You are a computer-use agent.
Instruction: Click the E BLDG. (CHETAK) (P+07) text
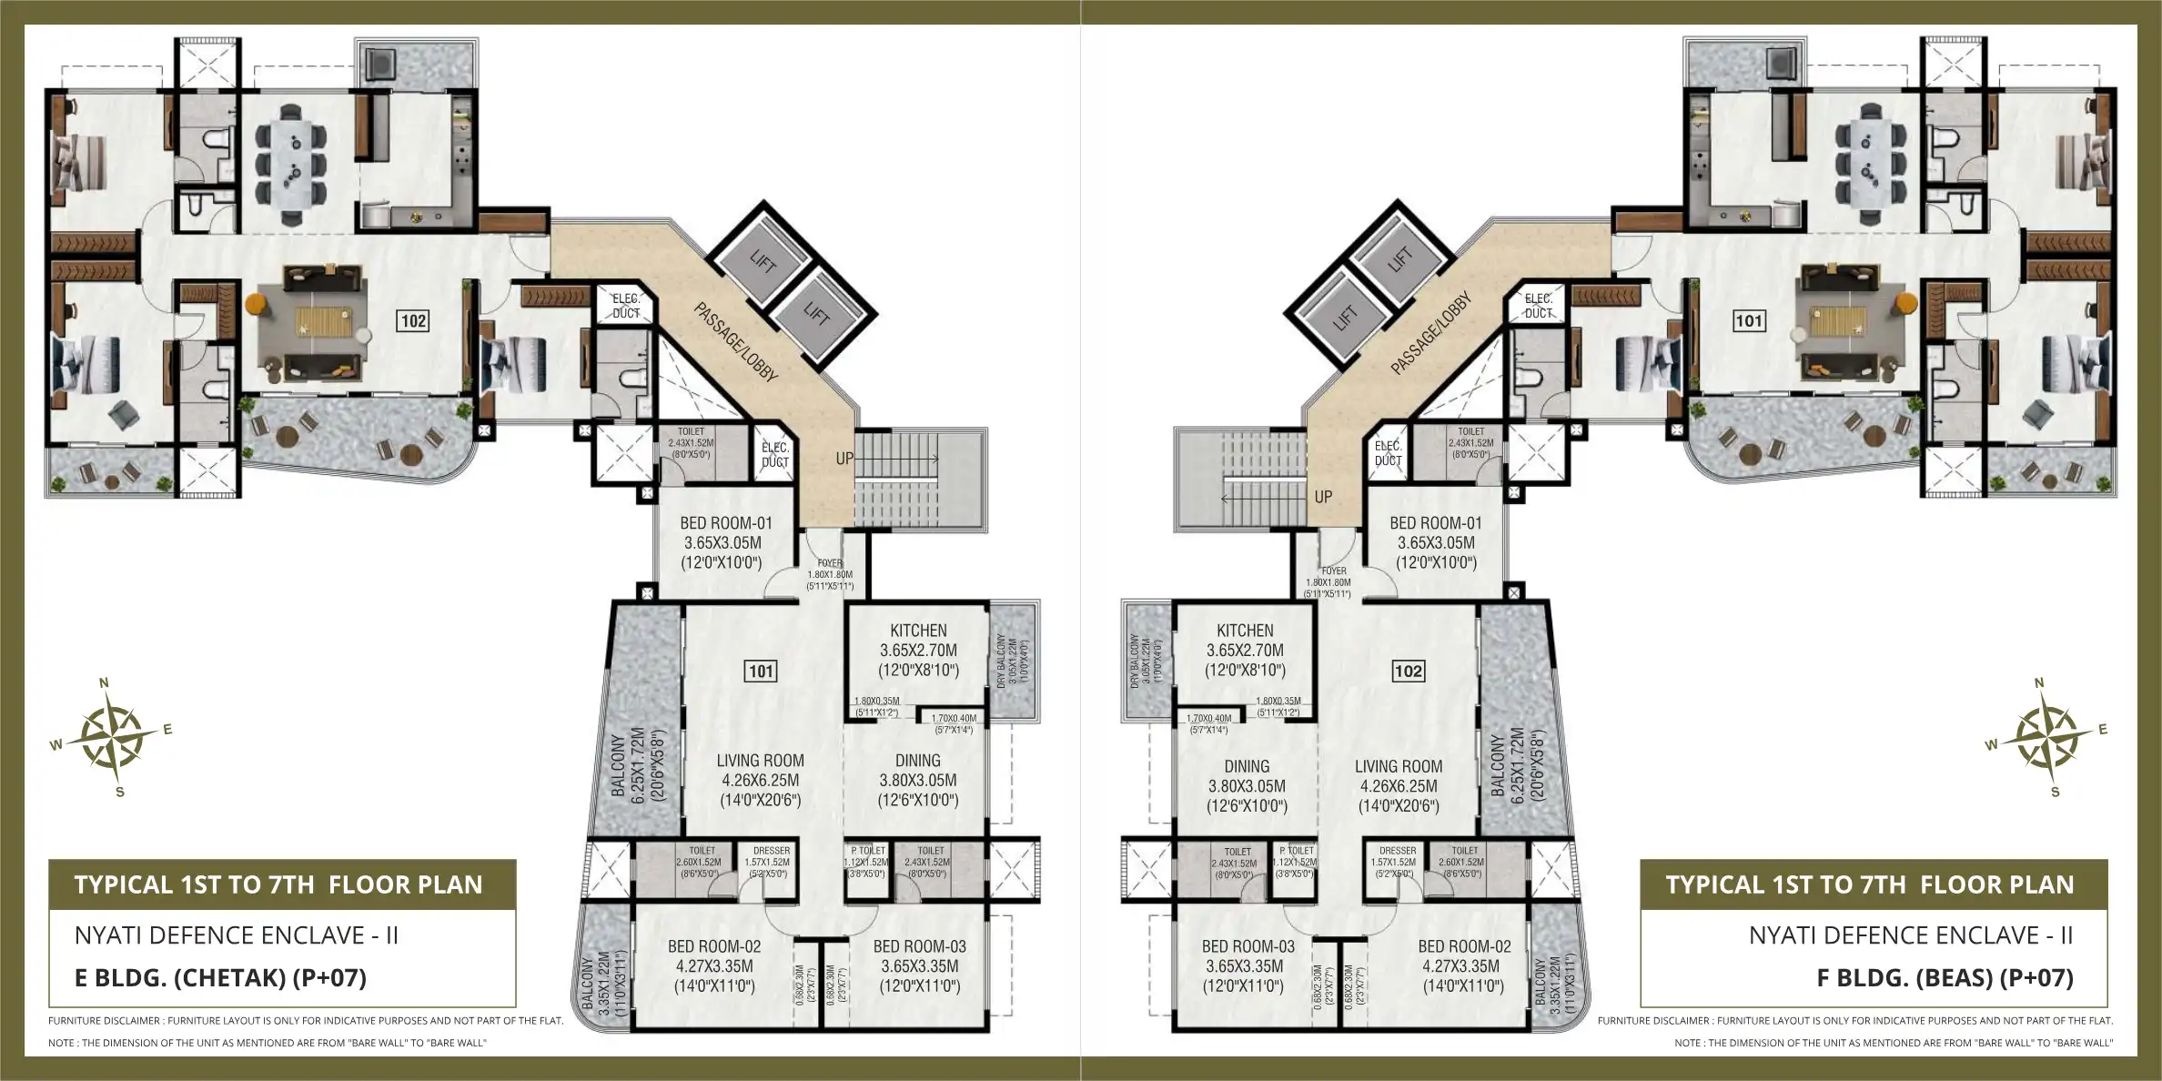pos(220,978)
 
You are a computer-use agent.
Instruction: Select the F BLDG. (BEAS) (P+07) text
pos(1945,978)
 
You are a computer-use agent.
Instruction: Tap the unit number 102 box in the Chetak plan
pos(413,320)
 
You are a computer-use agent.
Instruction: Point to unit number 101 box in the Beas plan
pos(1748,320)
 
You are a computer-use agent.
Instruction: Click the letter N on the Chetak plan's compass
pos(104,683)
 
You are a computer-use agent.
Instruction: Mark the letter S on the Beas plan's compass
pos(2055,793)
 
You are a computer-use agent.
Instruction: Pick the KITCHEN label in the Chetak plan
pos(918,631)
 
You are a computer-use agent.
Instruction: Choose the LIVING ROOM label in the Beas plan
pos(1398,767)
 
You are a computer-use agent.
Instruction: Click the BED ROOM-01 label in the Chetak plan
pos(725,523)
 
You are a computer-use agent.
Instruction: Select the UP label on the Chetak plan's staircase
pos(844,459)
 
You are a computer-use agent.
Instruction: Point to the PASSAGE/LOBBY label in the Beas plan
pos(1430,334)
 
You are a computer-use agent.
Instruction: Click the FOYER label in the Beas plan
pos(1333,571)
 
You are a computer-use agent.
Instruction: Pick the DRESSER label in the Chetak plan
pos(771,851)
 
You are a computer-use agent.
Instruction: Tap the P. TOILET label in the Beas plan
pos(1296,851)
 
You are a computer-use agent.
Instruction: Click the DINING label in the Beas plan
pos(1246,767)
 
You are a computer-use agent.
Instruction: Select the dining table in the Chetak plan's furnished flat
pos(291,164)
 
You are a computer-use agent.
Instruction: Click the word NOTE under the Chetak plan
pos(63,1043)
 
